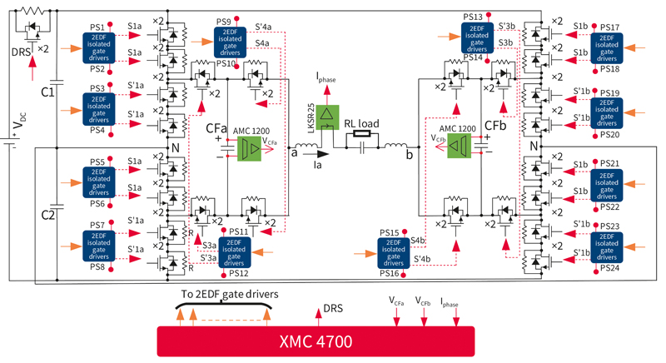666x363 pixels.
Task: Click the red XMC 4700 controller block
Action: coord(316,341)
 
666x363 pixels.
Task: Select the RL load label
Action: coord(362,125)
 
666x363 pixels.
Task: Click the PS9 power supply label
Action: coord(223,22)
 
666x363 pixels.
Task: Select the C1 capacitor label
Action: coord(47,90)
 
